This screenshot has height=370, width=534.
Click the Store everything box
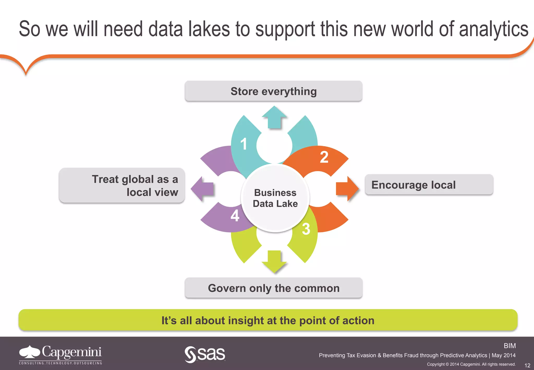[273, 91]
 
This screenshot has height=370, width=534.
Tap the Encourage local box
[429, 185]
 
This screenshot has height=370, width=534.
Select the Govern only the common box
[273, 288]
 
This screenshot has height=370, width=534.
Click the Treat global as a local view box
[122, 186]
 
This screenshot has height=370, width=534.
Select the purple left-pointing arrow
[202, 189]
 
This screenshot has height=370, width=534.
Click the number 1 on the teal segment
[244, 144]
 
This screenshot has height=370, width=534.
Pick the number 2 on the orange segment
[324, 157]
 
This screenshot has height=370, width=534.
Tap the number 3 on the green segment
[306, 229]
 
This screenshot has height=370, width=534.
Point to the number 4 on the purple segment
[235, 216]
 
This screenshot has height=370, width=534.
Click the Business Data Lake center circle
[275, 198]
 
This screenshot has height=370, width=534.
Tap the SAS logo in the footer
[205, 354]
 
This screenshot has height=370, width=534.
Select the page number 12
[527, 365]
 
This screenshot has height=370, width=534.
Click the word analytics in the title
[493, 29]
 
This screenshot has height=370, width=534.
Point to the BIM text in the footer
[509, 346]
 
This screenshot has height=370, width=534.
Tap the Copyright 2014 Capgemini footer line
[471, 364]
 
